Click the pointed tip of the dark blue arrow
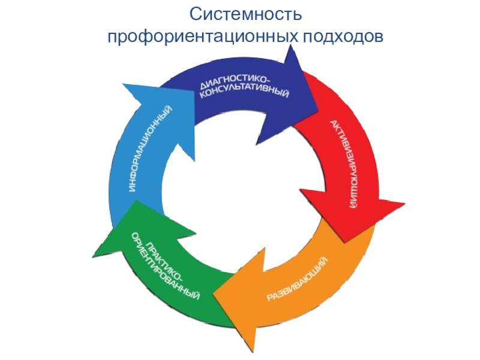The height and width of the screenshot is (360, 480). click(x=317, y=96)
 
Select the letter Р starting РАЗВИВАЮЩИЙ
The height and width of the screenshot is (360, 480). click(x=268, y=298)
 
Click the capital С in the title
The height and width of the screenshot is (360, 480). click(x=193, y=13)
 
